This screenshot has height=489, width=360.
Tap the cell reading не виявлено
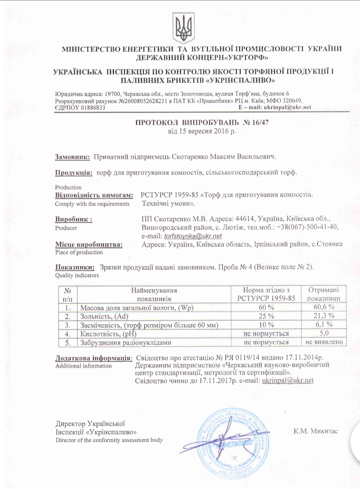coord(323,342)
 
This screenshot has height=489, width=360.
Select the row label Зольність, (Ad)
coord(104,316)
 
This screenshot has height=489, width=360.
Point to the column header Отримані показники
coord(323,294)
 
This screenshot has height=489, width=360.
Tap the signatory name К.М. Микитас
coord(315,431)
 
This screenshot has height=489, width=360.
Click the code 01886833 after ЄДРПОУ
coord(89,107)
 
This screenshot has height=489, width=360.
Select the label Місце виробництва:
coord(89,245)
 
